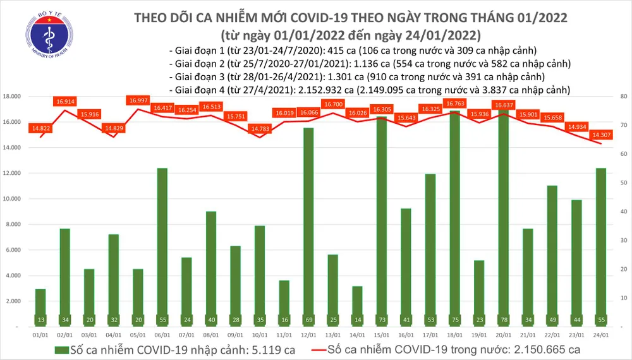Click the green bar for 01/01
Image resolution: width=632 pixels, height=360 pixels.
(x=40, y=308)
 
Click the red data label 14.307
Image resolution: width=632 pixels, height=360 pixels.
(x=600, y=135)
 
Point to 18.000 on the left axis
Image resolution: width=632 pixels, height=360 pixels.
(x=18, y=97)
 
